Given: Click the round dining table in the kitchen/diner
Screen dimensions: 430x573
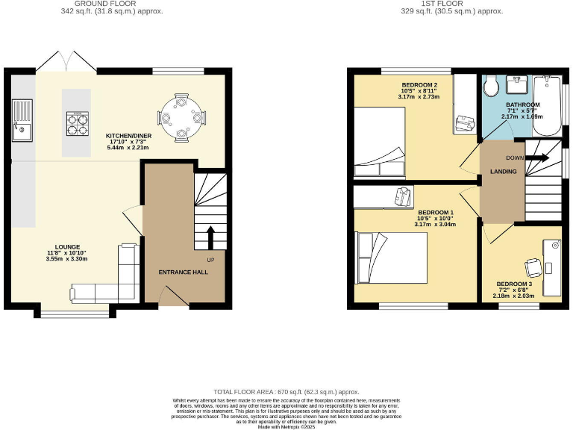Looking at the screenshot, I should click(x=182, y=116).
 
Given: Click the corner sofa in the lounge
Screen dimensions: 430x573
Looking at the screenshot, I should click(x=112, y=284).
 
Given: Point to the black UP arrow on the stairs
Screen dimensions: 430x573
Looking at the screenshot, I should click(x=210, y=237).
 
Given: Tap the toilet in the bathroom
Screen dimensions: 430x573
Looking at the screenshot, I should click(x=491, y=89).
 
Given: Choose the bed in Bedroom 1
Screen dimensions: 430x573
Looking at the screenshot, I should click(x=391, y=258).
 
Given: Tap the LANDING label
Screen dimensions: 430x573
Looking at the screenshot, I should click(x=502, y=172).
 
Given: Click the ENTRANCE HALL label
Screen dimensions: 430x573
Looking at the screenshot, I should click(x=183, y=272).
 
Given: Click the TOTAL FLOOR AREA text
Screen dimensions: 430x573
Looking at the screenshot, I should click(x=286, y=391).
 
